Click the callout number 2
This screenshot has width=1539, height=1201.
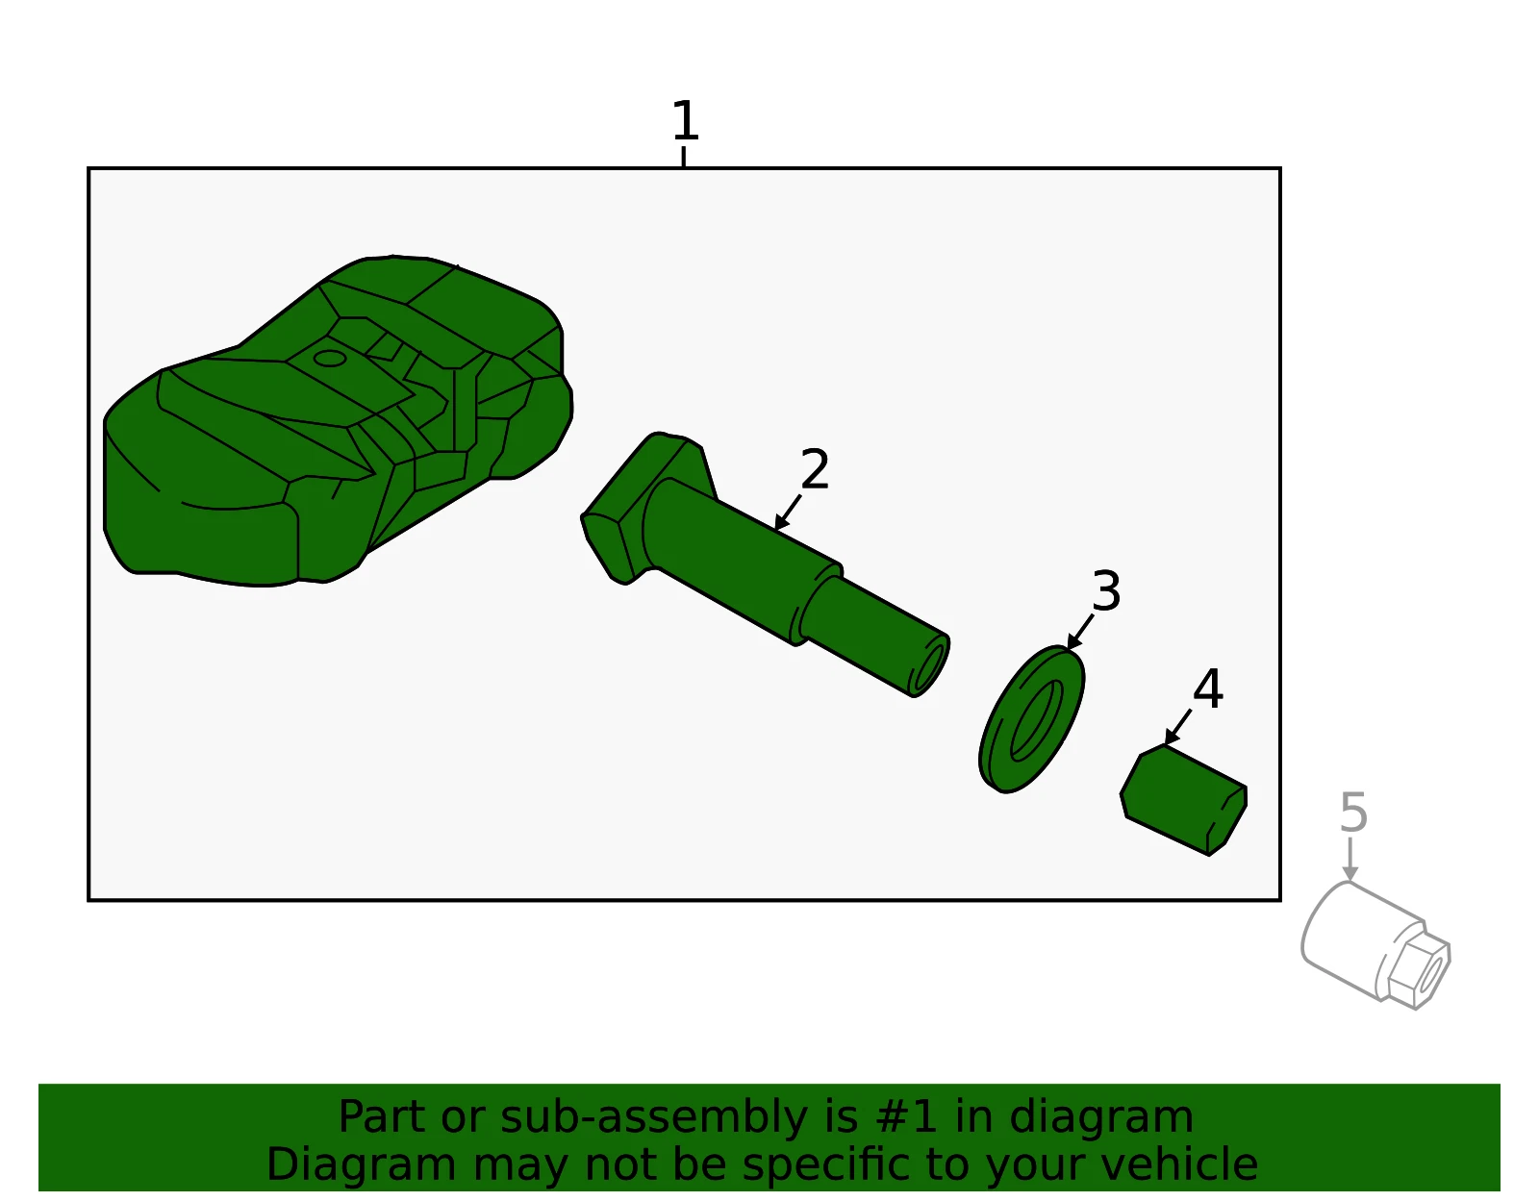(x=815, y=468)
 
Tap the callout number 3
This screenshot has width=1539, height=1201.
(x=1106, y=590)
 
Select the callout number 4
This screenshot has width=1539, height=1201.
(x=1207, y=688)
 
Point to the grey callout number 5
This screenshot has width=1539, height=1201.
(x=1352, y=813)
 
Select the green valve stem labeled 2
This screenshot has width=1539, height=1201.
(x=765, y=566)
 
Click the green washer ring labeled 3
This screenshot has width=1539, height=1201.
(x=1031, y=719)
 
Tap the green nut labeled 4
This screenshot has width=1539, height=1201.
(x=1183, y=800)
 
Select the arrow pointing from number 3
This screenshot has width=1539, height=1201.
(x=1080, y=632)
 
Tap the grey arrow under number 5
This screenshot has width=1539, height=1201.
(x=1350, y=860)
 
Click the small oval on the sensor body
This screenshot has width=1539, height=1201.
(x=329, y=358)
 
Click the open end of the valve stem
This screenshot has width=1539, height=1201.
(x=930, y=666)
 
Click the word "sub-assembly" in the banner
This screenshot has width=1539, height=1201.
(x=654, y=1117)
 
